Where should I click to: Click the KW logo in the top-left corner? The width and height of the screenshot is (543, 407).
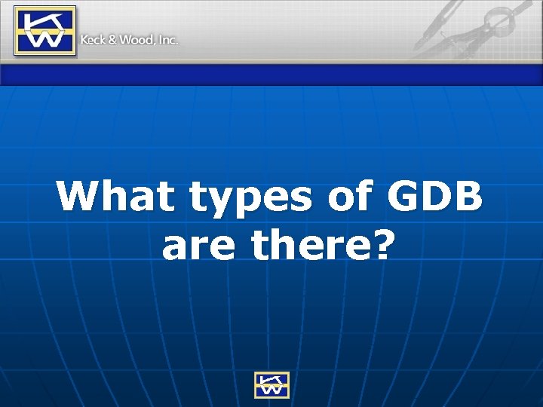click(45, 30)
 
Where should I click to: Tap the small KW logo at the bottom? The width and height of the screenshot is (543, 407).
click(271, 384)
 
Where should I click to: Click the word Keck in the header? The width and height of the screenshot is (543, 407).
click(93, 40)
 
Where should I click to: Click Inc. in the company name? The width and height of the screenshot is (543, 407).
click(167, 40)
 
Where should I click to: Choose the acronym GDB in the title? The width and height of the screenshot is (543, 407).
click(435, 197)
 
